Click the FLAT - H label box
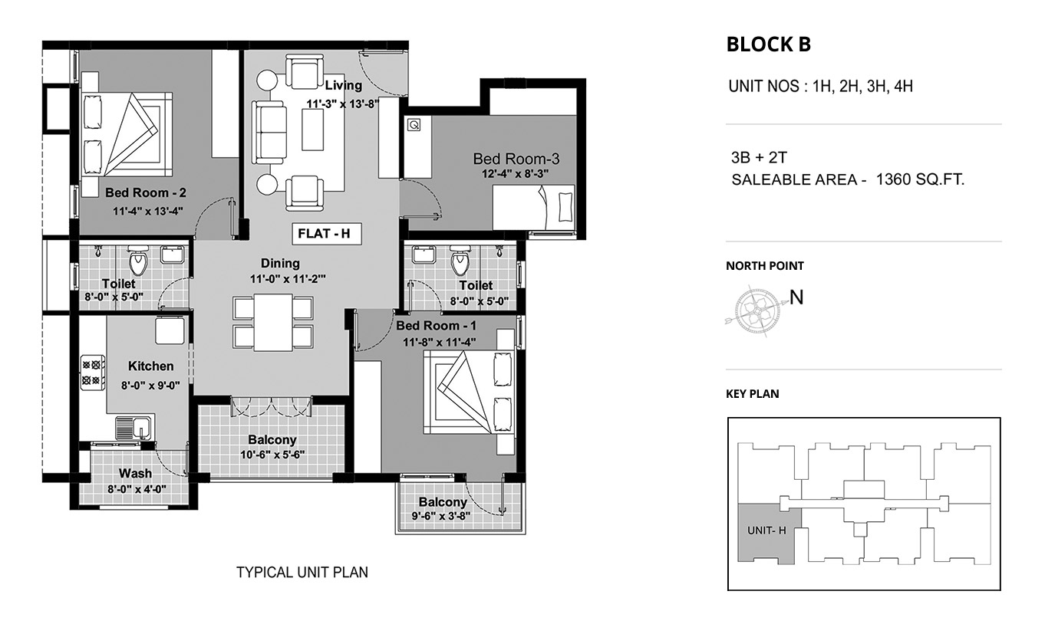pos(327,234)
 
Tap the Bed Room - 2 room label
pos(146,192)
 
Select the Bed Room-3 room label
pos(516,159)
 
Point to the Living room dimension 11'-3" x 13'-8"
pos(342,104)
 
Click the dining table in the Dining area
pos(273,322)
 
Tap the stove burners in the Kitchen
pos(92,373)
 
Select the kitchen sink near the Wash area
pos(134,427)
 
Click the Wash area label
pos(135,474)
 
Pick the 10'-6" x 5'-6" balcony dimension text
pos(272,455)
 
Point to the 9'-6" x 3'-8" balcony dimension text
pos(441,516)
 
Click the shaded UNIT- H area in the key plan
pos(765,534)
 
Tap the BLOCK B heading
pos(768,44)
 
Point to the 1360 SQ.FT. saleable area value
pos(920,179)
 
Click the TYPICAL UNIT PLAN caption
pos(302,573)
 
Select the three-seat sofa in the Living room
pos(269,133)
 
